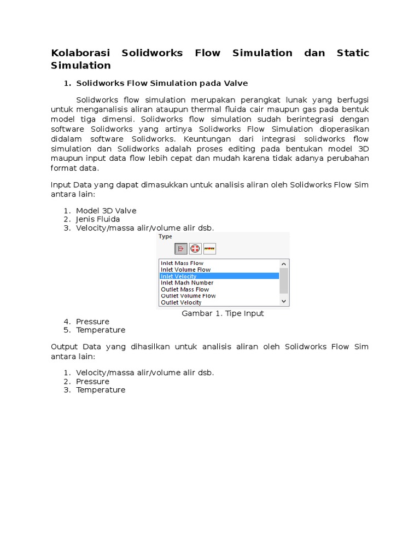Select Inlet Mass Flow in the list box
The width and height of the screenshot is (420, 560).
182,263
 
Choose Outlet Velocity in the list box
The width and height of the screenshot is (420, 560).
181,302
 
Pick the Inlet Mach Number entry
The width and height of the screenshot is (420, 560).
187,283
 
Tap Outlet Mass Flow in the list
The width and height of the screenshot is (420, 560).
185,289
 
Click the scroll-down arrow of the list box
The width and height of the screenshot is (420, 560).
283,301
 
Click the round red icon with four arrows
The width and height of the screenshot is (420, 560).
195,249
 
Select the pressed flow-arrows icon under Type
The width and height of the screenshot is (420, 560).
181,249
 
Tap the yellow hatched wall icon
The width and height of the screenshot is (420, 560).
209,249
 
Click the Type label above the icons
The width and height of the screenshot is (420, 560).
165,236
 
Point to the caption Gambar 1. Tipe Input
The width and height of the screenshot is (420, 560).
223,313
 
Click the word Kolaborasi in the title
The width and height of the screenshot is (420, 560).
80,53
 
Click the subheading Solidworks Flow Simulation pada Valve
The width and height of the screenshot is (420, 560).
162,83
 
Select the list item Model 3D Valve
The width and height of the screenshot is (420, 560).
106,211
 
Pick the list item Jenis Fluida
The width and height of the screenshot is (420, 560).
98,219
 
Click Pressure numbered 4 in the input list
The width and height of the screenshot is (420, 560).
92,322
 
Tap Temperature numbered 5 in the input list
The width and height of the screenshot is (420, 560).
101,330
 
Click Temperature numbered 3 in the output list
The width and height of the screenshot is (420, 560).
101,390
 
